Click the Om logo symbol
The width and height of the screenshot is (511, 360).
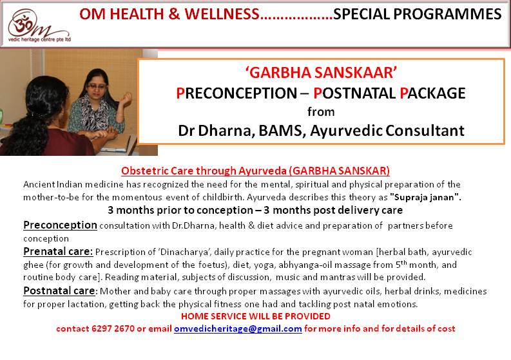(x=22, y=23)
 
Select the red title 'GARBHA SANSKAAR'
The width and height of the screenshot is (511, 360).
(x=321, y=72)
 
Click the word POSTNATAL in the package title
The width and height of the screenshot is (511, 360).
(x=354, y=93)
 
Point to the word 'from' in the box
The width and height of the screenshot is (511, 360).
(x=321, y=112)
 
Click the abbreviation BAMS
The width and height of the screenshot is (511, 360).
(x=282, y=131)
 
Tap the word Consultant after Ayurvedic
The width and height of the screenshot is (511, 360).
(x=425, y=131)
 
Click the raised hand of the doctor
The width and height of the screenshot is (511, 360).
(x=126, y=98)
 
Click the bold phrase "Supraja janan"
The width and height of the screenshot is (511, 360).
(x=425, y=198)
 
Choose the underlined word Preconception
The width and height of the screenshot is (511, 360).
(x=61, y=225)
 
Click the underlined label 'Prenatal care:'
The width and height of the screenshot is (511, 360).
(x=58, y=252)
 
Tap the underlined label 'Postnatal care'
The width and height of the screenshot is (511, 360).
(x=59, y=290)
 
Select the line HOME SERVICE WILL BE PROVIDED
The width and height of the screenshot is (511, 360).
(x=256, y=316)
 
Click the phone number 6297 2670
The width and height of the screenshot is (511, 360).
(x=113, y=328)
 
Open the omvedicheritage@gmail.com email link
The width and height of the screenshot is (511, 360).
(x=238, y=328)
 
